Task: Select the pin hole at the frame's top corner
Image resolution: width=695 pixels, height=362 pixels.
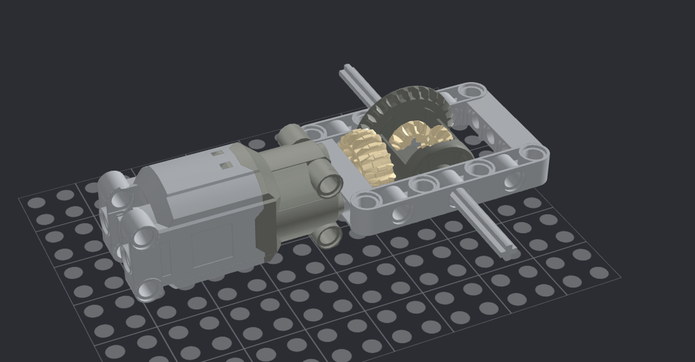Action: click(x=473, y=90)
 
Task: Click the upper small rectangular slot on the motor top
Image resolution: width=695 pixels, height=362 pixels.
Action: click(x=218, y=151)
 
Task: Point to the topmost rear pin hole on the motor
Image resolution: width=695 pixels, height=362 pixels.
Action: click(x=115, y=184)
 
